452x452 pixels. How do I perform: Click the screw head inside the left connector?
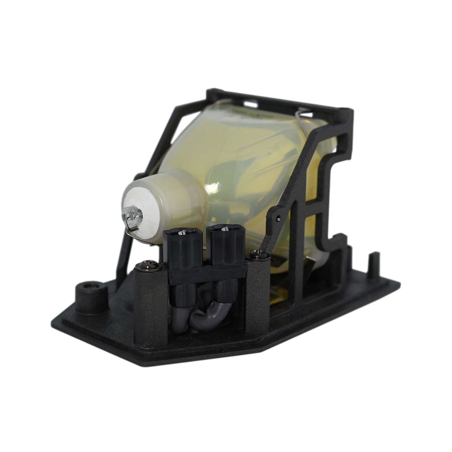pos(182,233)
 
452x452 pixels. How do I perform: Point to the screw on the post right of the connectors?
pos(257,256)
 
